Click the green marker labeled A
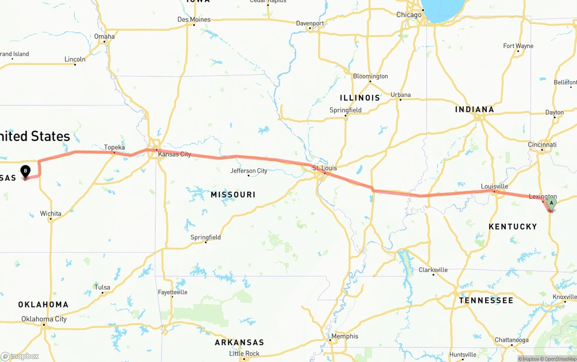551,203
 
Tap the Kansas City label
174,154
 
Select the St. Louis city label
325,168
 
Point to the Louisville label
495,186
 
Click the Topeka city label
114,147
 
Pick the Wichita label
50,213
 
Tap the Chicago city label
409,15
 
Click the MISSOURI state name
233,194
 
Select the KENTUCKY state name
513,226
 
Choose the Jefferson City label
249,170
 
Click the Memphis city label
344,336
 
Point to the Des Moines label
194,19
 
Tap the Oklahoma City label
44,319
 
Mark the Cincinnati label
542,144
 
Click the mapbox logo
19,356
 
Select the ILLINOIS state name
360,97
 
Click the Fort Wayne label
518,46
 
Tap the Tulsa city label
102,287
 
